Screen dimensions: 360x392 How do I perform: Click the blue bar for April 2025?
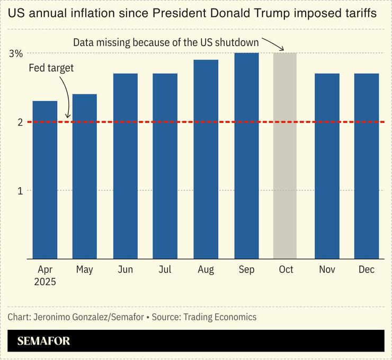pyautogui.click(x=45, y=180)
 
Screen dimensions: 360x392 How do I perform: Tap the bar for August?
pyautogui.click(x=206, y=159)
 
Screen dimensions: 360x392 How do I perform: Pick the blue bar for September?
pyautogui.click(x=246, y=156)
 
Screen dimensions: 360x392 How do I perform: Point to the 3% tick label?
pyautogui.click(x=16, y=54)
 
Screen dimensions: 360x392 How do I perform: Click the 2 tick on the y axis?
pyautogui.click(x=20, y=122)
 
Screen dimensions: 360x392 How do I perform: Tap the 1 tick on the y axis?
pyautogui.click(x=20, y=190)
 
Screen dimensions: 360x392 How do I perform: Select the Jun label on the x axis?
pyautogui.click(x=125, y=270)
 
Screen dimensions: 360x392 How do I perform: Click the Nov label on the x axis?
pyautogui.click(x=327, y=270)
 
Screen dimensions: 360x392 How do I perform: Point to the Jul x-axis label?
pyautogui.click(x=165, y=270)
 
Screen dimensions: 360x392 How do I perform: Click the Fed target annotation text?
pyautogui.click(x=51, y=68)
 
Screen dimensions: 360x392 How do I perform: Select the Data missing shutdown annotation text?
pyautogui.click(x=166, y=41)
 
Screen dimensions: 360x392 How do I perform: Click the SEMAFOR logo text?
pyautogui.click(x=43, y=341)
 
